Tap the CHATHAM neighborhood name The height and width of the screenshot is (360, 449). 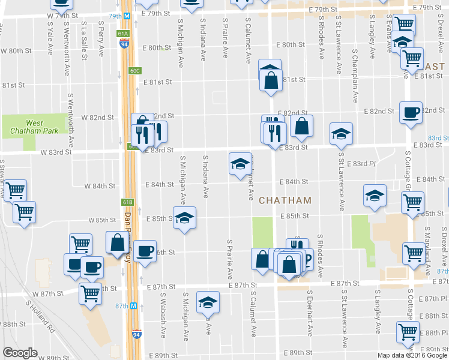tap(285, 200)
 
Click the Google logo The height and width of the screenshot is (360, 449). tap(20, 353)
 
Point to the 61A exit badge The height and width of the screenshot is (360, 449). tap(124, 34)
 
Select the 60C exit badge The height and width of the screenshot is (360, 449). tap(134, 71)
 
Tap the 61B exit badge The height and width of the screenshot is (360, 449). tap(126, 202)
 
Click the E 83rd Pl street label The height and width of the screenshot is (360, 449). tap(363, 164)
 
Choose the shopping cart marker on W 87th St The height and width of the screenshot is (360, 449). tap(90, 295)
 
